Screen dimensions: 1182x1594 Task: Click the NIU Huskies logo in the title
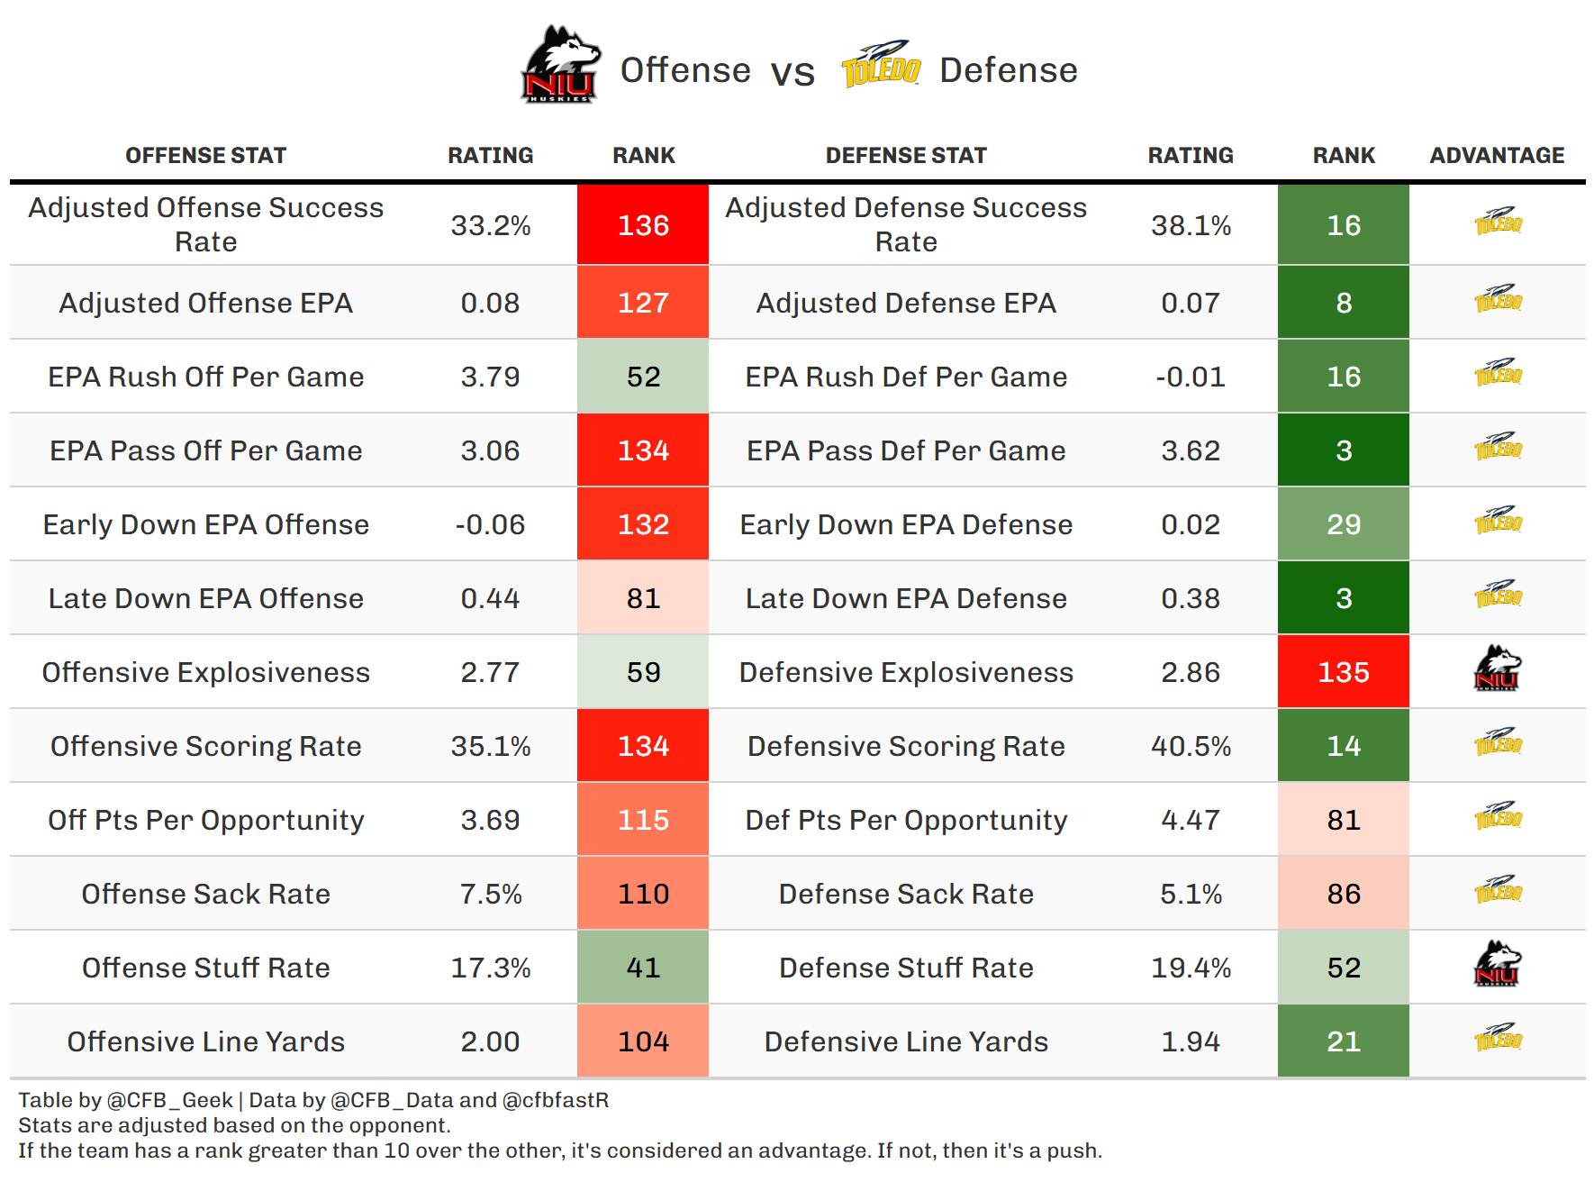coord(559,65)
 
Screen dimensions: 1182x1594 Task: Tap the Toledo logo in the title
coord(880,65)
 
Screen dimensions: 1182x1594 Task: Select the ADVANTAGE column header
coord(1497,156)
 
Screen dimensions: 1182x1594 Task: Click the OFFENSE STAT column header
coord(205,156)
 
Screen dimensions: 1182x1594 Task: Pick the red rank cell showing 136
coord(643,225)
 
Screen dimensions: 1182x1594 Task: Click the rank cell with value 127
coord(643,303)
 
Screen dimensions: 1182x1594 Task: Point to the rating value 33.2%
coord(490,225)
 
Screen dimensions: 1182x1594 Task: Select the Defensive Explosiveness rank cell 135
coord(1343,672)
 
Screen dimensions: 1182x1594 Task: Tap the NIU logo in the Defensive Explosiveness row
coord(1497,668)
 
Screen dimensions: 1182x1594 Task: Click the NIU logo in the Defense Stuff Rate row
coord(1497,964)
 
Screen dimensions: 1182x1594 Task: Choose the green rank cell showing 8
coord(1343,303)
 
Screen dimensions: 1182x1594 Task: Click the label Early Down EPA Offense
coord(205,524)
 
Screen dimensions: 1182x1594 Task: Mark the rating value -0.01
coord(1191,377)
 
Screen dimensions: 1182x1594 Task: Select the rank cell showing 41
coord(643,968)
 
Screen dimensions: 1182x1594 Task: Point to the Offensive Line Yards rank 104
coord(643,1041)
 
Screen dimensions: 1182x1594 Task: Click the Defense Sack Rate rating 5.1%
coord(1191,894)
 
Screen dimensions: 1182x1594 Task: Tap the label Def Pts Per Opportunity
coord(906,820)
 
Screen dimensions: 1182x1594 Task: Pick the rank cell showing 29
coord(1343,524)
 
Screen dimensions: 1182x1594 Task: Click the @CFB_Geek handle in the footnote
coord(170,1100)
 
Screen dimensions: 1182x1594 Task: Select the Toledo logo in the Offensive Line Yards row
coord(1497,1038)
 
